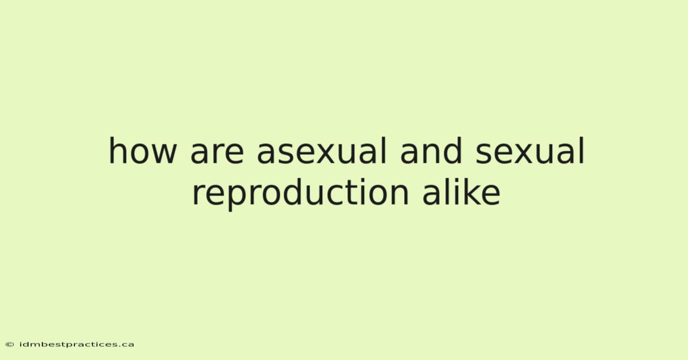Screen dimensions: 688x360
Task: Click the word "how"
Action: click(143, 151)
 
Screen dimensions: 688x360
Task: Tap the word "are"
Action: click(217, 154)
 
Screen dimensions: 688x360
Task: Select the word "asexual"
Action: click(321, 151)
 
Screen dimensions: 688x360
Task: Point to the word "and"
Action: click(431, 151)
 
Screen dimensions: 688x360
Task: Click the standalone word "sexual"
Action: click(530, 151)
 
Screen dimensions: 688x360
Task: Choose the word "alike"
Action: click(462, 191)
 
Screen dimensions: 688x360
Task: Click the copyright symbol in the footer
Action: click(10, 345)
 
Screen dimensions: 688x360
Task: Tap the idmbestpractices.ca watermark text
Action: click(77, 345)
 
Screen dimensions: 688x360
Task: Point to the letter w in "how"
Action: click(165, 154)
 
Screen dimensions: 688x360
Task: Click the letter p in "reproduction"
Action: click(236, 198)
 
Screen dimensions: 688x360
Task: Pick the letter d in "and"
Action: click(452, 151)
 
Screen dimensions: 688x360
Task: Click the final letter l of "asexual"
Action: click(384, 151)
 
